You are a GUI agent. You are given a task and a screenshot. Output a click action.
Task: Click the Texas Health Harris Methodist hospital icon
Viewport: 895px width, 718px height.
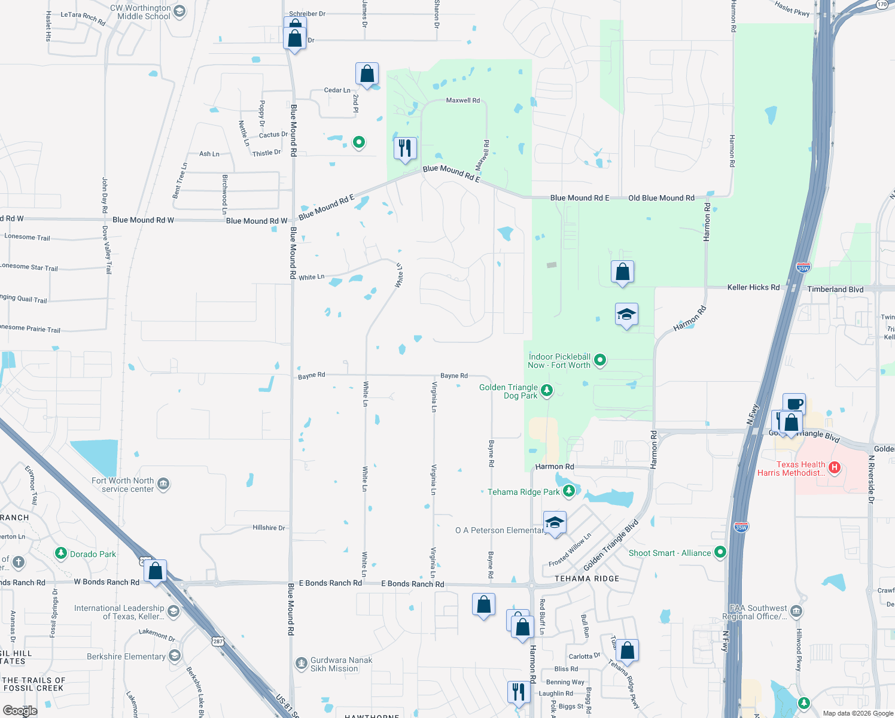click(x=835, y=468)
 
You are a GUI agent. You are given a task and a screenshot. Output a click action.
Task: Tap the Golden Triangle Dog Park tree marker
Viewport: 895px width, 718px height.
click(x=546, y=391)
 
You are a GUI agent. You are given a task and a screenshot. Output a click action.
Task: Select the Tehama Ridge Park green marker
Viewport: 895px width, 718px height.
click(x=569, y=491)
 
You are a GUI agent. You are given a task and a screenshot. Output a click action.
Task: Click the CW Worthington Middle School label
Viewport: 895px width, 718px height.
click(x=144, y=12)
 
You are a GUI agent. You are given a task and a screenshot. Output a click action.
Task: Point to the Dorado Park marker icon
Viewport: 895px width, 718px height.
click(x=61, y=553)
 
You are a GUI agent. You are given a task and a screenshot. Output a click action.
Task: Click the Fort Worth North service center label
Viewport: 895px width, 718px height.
click(x=123, y=485)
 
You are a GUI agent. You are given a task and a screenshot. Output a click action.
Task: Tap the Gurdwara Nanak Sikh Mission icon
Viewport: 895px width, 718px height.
click(x=302, y=664)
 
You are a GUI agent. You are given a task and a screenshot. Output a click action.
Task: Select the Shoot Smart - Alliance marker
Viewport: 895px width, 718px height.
click(x=720, y=552)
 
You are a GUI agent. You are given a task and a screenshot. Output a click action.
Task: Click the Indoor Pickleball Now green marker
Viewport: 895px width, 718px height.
click(x=600, y=360)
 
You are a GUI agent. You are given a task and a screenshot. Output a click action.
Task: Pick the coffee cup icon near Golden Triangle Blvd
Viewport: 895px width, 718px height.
click(x=794, y=404)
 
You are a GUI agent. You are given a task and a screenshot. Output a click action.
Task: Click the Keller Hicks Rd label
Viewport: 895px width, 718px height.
click(x=753, y=287)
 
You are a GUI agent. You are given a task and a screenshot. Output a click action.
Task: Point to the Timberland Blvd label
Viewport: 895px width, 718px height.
click(x=835, y=289)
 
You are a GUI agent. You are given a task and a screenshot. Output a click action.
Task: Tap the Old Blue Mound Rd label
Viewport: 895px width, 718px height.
click(x=661, y=197)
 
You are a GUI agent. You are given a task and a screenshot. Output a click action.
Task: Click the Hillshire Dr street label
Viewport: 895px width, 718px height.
click(x=269, y=527)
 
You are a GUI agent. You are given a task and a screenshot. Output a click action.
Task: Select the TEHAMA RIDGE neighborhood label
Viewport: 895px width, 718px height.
click(x=587, y=579)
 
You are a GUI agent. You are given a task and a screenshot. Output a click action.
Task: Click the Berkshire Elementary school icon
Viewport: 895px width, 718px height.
click(x=175, y=656)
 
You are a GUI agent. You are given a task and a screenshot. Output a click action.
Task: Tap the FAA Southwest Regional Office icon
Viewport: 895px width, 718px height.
click(x=796, y=611)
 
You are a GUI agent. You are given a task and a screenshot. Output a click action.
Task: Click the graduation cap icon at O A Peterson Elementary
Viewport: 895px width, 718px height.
click(x=555, y=522)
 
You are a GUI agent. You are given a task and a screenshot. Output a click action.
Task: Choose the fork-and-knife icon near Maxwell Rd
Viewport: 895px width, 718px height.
click(x=405, y=147)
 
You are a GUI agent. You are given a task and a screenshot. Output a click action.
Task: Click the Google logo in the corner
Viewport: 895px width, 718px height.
click(x=20, y=710)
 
